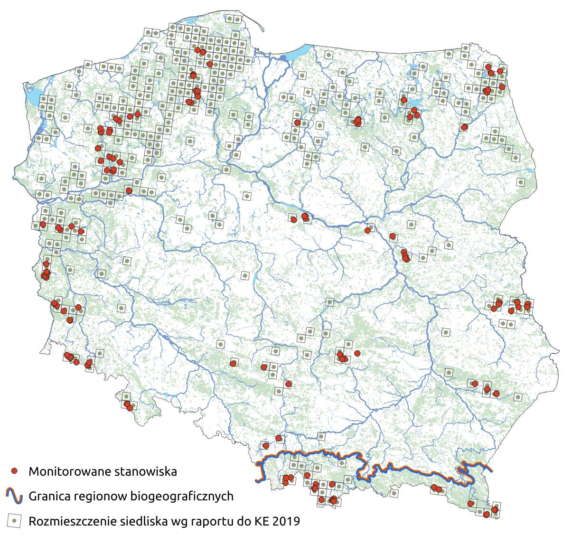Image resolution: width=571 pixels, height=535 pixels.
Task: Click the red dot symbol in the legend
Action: pyautogui.click(x=15, y=471)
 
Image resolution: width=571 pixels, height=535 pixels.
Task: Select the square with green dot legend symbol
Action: pyautogui.click(x=15, y=521)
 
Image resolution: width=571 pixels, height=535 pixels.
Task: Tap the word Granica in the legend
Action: pyautogui.click(x=49, y=497)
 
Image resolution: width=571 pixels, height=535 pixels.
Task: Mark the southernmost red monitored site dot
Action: pyautogui.click(x=487, y=514)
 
